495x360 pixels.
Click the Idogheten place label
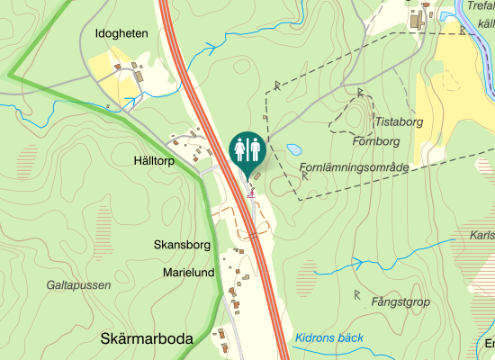pos(121,33)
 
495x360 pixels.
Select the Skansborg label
pos(182,245)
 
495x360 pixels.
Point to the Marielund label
pos(188,272)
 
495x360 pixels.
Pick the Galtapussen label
pos(78,284)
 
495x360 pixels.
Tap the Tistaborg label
pos(399,121)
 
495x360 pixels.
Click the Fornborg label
pos(375,141)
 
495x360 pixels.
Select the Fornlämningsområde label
pos(355,167)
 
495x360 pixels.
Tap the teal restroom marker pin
pos(247,149)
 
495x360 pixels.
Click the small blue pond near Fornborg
pos(293,148)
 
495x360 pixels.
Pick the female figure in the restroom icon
pos(254,148)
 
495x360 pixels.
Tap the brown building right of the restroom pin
pos(261,154)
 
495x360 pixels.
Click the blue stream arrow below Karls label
pos(357,264)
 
